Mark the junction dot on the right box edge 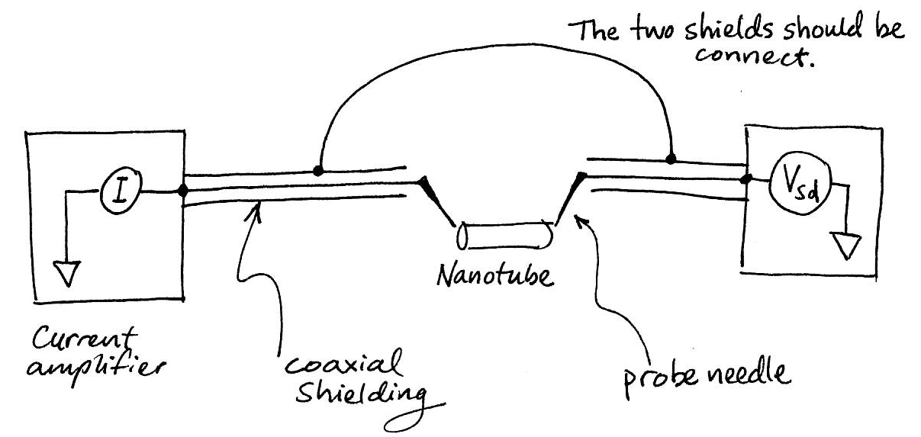745,180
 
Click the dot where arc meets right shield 671,160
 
